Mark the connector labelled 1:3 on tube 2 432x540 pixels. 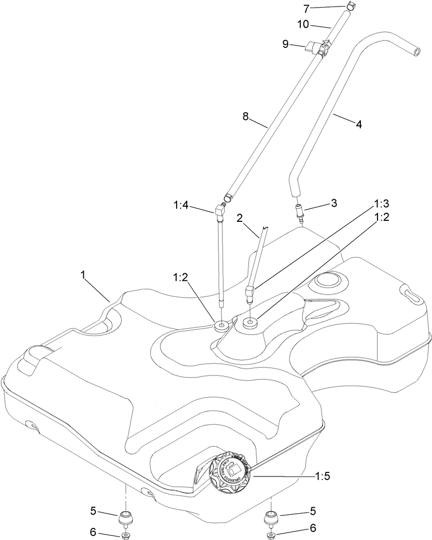tap(249, 292)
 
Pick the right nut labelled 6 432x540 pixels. tap(270, 535)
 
